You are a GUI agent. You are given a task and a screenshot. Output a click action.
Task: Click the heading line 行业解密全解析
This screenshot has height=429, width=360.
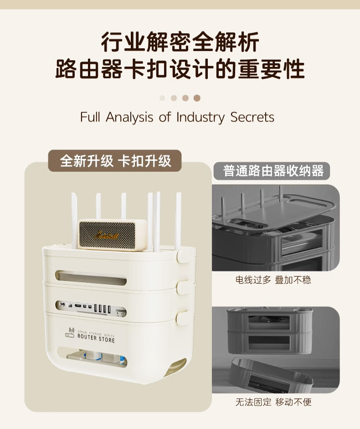(180, 42)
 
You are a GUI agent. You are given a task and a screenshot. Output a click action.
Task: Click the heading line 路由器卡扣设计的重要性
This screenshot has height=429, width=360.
(180, 70)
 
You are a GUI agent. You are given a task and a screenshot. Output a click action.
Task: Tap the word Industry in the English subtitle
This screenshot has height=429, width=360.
(201, 117)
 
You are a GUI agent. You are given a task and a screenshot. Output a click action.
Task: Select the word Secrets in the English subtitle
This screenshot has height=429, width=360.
(252, 117)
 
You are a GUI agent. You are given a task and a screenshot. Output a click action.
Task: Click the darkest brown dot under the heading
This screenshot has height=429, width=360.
(197, 98)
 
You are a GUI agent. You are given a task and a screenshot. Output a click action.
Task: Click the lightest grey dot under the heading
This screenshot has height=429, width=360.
(163, 98)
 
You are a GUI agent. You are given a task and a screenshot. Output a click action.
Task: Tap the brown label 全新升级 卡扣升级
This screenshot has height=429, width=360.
(115, 161)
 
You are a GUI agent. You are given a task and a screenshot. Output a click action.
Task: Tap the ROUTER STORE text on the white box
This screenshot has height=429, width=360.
(96, 339)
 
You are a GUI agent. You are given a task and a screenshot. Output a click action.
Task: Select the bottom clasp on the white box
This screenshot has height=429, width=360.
(183, 317)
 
